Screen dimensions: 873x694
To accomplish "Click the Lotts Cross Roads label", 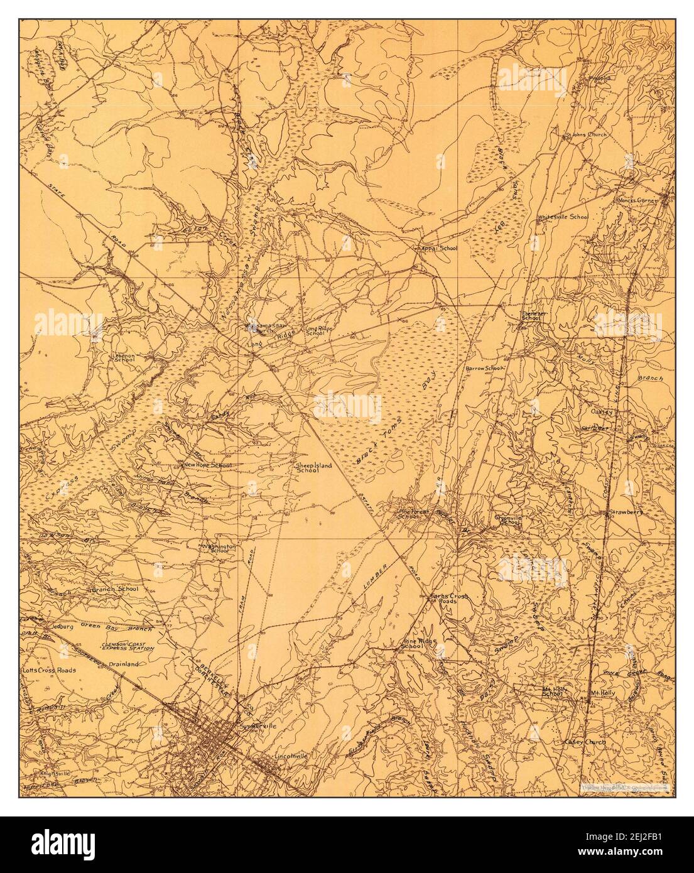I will click(x=49, y=670).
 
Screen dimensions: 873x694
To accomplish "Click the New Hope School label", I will click(x=207, y=465).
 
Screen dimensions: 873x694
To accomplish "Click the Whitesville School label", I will click(x=562, y=217).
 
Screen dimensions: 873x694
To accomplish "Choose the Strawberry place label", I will click(x=624, y=512).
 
